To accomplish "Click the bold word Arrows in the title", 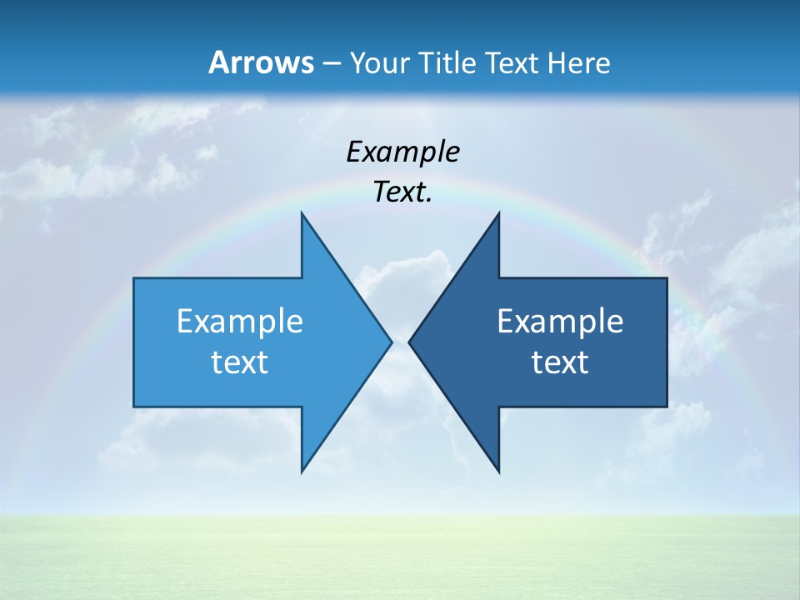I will (x=261, y=63).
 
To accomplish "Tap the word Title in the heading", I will (x=452, y=63).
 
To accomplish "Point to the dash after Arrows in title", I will (x=331, y=64).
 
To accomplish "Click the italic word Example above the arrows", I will (x=403, y=152).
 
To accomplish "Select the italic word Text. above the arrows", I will (x=402, y=192).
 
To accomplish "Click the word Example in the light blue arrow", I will (x=240, y=322).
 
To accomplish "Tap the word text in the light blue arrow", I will (x=239, y=362).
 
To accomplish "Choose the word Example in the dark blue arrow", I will (x=560, y=322).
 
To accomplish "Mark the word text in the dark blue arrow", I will (x=560, y=362).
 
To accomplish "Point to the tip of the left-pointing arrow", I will (x=410, y=342).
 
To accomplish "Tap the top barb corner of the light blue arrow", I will (x=302, y=214).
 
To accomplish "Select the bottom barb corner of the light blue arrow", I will (x=302, y=471).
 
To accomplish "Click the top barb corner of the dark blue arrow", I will (x=498, y=214).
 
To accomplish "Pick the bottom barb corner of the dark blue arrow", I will (x=498, y=471).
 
